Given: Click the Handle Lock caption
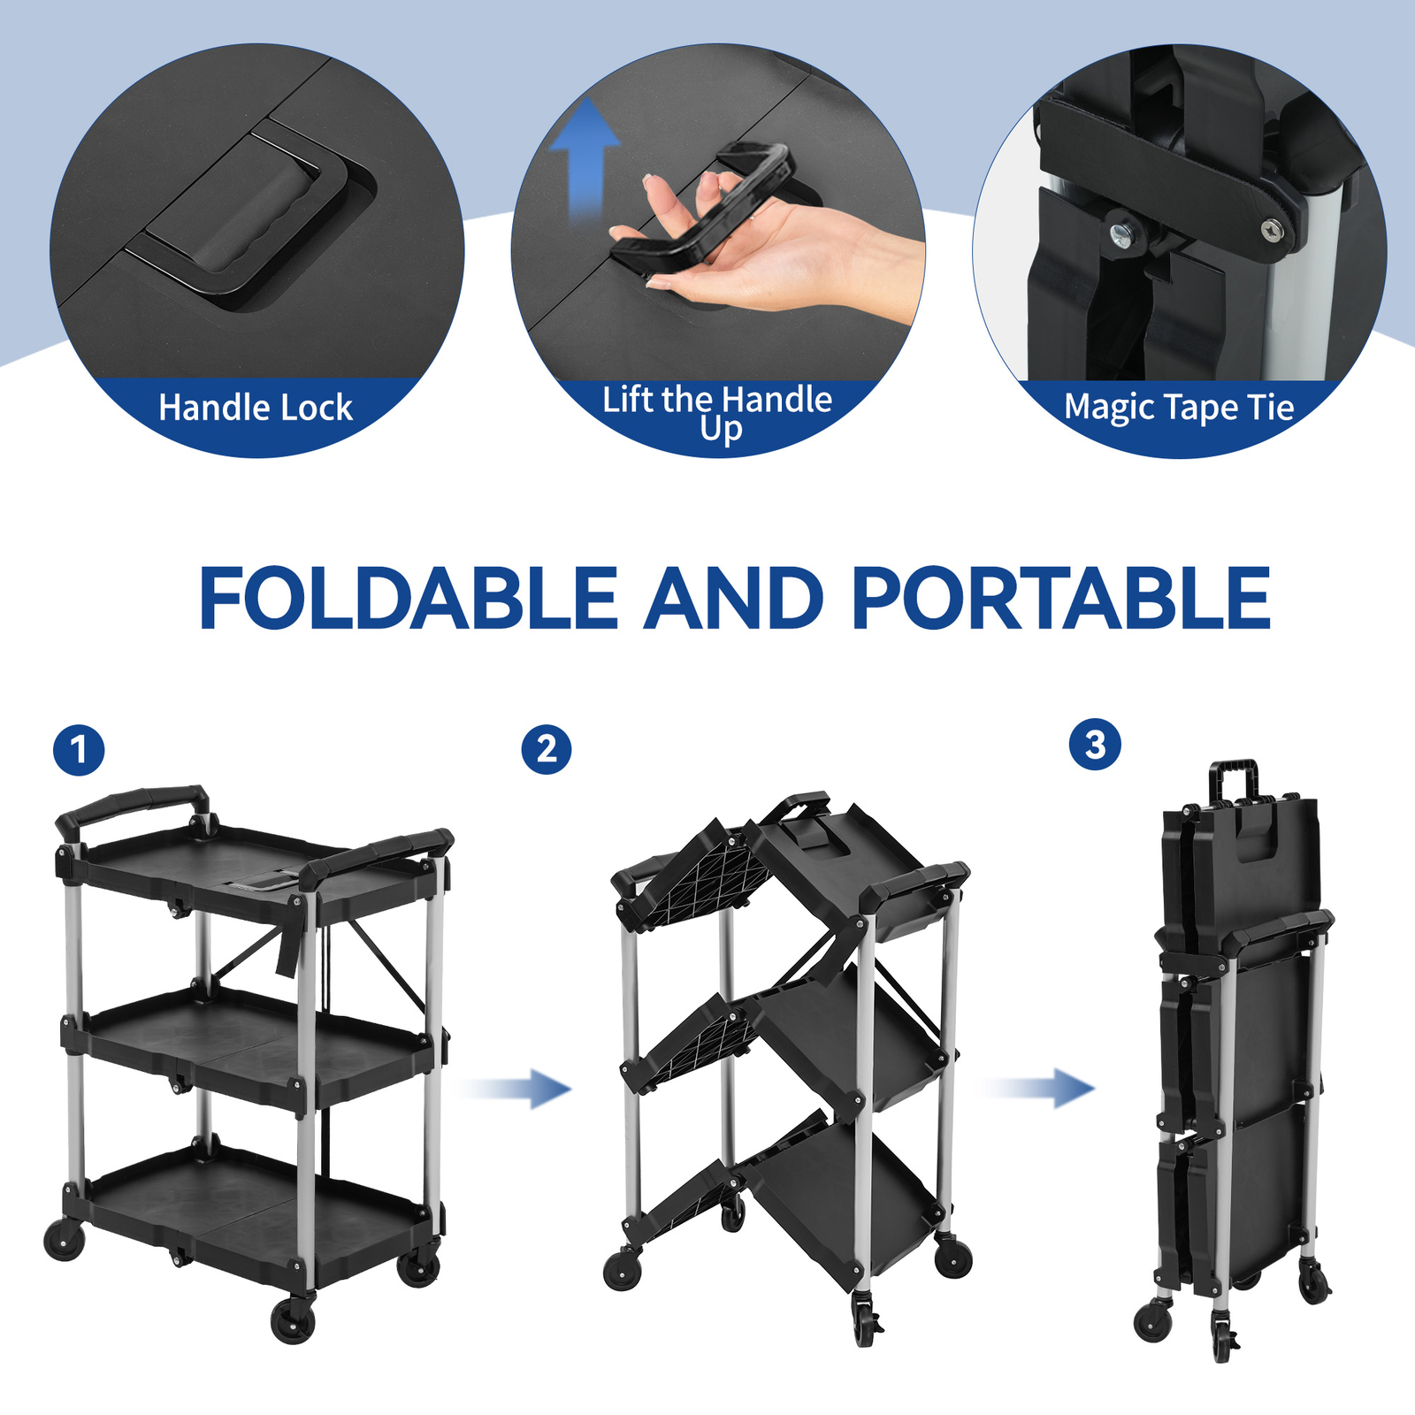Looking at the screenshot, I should [256, 409].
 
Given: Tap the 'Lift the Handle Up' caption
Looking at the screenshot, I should [717, 412].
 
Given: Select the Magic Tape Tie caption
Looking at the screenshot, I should [1178, 408].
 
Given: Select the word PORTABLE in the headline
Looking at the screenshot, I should [1061, 599].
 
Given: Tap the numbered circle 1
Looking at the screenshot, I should [79, 751].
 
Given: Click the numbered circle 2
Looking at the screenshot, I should [546, 750].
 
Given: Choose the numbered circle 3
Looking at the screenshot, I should [1095, 745].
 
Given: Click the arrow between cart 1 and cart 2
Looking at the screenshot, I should [522, 1088].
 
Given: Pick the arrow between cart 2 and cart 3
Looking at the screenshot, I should [1044, 1088].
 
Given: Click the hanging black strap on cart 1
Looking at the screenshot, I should [288, 946].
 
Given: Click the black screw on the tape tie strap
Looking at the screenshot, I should [1272, 229].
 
